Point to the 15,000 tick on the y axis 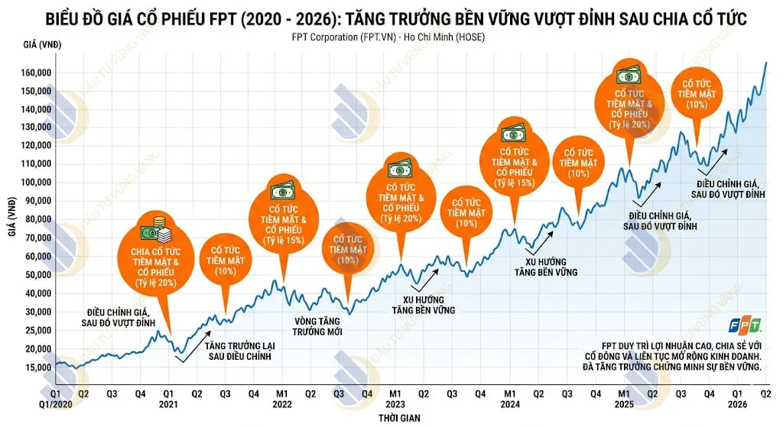point(37,367)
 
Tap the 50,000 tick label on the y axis point(37,274)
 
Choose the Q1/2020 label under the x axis point(55,404)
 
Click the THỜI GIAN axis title point(398,419)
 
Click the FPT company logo point(744,325)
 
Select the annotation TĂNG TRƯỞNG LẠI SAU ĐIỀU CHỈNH point(239,351)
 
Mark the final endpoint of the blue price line point(765,63)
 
